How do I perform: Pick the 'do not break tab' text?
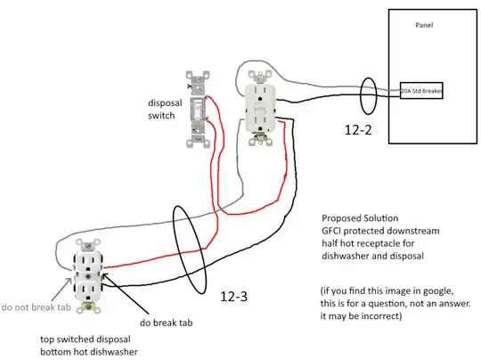point(35,307)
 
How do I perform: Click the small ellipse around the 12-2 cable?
point(367,91)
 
